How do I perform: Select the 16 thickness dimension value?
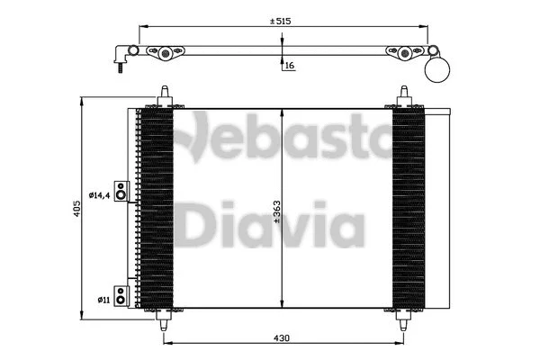pos(289,66)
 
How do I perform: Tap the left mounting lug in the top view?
pos(164,55)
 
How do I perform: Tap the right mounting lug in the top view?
pos(406,55)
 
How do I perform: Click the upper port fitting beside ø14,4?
pos(121,191)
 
